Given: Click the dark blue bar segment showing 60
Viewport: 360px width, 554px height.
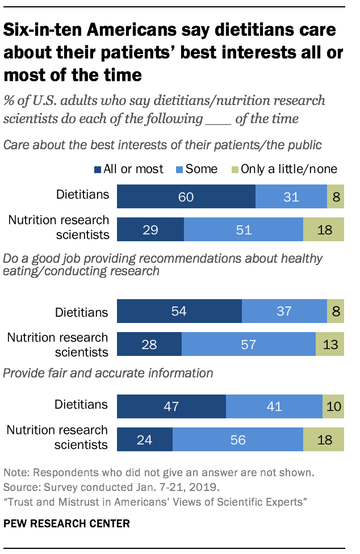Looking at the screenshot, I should [x=186, y=196].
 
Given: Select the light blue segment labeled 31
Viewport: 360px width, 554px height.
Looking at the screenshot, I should [x=291, y=196].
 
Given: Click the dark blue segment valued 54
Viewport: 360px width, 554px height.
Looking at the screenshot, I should [x=179, y=311].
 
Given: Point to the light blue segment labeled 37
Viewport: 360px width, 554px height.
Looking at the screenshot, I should [x=284, y=311].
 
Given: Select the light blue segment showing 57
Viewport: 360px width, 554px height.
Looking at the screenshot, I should [x=248, y=344].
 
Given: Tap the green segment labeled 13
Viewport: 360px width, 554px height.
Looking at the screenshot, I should [x=330, y=344].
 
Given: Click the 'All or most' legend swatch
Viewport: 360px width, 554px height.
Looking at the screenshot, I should [x=97, y=169].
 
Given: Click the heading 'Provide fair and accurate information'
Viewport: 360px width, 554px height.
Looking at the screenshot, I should [x=108, y=373].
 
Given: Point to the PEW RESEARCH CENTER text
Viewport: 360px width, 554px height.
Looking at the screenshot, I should [x=66, y=523].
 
